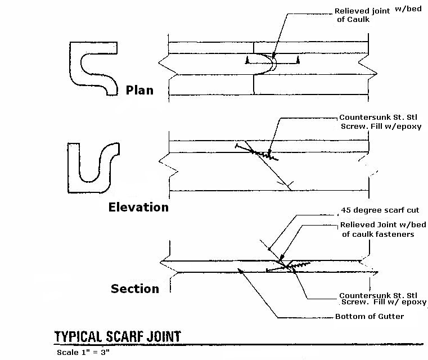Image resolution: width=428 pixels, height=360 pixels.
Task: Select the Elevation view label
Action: (138, 207)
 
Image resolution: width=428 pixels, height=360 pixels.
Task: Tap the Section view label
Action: (134, 289)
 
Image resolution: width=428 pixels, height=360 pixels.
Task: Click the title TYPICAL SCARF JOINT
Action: (118, 336)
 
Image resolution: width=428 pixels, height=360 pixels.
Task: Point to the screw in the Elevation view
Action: (256, 151)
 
